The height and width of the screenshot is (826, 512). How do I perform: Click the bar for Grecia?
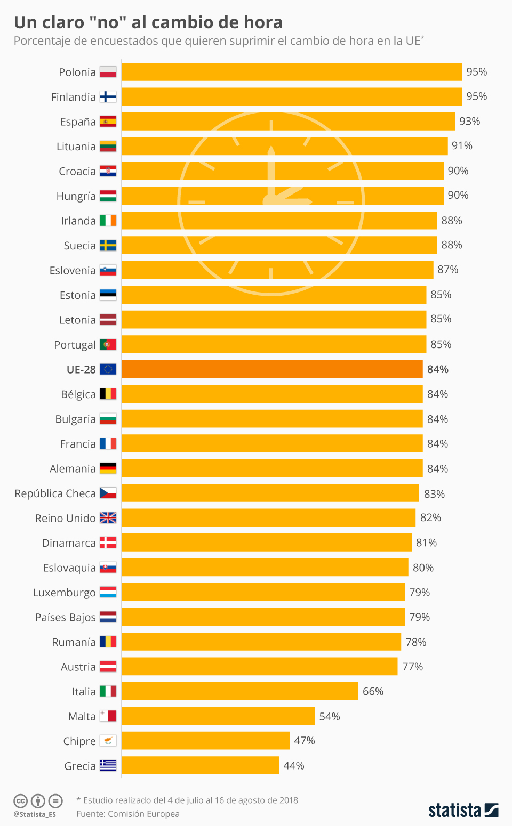(x=200, y=765)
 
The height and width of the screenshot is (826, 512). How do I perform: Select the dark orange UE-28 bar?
(x=272, y=369)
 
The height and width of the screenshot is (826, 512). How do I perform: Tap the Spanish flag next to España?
(x=108, y=122)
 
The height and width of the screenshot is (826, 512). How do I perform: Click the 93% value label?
(x=469, y=122)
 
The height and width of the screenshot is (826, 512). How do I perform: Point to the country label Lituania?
(x=76, y=147)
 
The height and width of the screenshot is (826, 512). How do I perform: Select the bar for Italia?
(x=240, y=691)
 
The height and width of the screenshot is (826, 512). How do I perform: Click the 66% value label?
(x=373, y=691)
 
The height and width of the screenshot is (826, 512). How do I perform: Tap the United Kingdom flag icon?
(x=108, y=518)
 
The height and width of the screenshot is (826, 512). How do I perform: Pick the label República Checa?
(x=55, y=493)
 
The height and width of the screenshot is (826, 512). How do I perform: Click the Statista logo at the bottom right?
(x=463, y=811)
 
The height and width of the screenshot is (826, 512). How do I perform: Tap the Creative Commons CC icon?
(x=20, y=801)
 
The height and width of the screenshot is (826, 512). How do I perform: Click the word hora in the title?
(x=263, y=22)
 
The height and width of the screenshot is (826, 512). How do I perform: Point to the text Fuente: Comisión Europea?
(x=127, y=814)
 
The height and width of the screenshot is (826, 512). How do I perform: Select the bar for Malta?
(x=218, y=716)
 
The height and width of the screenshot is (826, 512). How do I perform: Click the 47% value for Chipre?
(x=304, y=741)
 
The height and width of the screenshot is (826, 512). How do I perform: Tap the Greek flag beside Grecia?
(x=108, y=766)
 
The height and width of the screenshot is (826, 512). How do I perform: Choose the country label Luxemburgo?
(x=64, y=593)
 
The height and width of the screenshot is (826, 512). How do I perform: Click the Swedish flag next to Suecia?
(x=108, y=246)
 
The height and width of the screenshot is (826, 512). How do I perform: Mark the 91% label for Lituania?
(x=462, y=146)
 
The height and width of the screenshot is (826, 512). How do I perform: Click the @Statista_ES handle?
(x=35, y=814)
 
